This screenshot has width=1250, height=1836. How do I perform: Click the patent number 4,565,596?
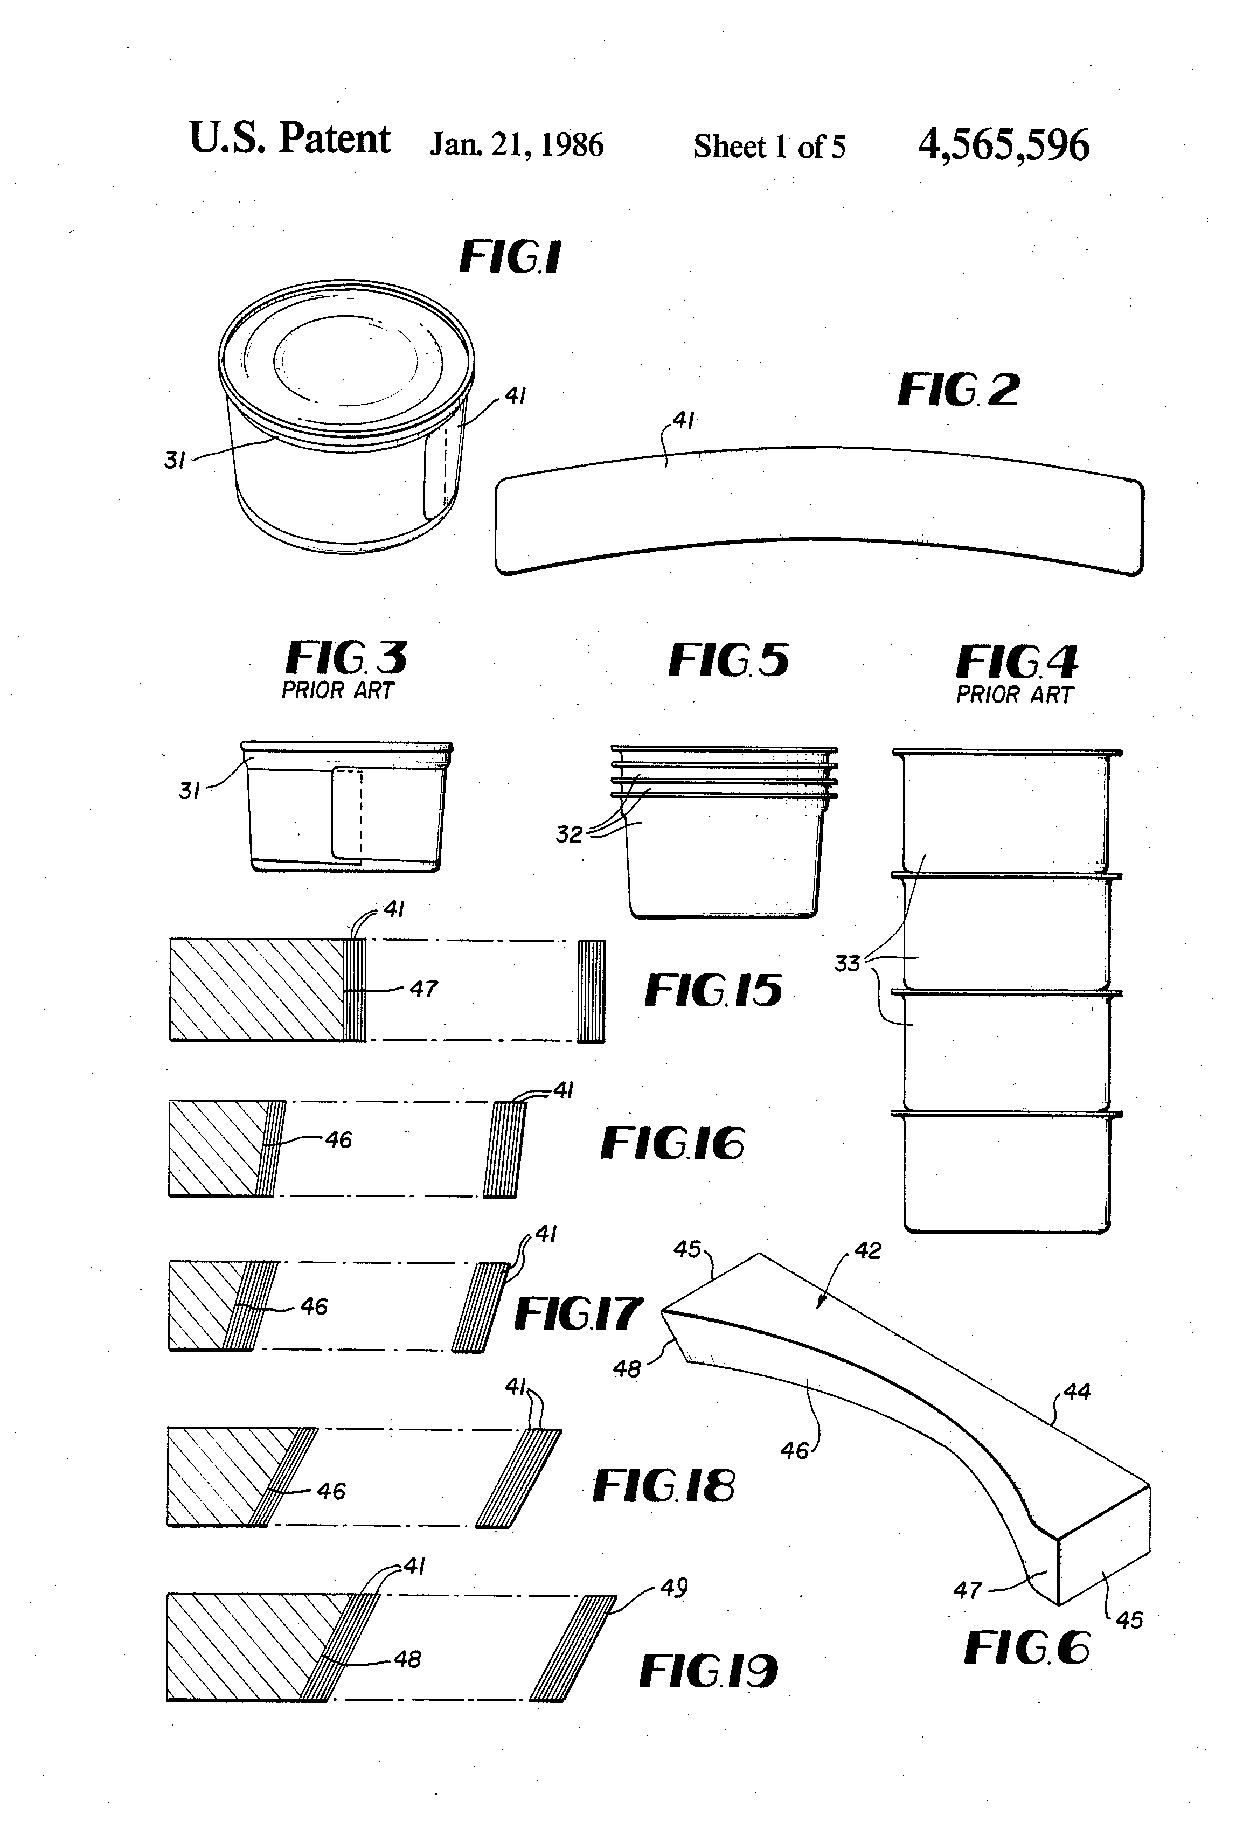1003,145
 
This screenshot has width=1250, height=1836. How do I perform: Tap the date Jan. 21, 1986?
516,145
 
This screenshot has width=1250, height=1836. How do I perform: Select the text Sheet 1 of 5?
769,147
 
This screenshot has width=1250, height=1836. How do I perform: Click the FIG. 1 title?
510,257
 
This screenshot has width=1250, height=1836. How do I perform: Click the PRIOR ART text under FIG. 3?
337,691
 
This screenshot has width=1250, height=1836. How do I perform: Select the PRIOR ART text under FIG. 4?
1014,696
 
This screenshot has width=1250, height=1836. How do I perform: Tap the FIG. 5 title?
728,660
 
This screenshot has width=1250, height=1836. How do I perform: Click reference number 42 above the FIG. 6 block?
867,1250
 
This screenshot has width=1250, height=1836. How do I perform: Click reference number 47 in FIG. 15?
423,989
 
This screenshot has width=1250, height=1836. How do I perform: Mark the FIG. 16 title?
672,1143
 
